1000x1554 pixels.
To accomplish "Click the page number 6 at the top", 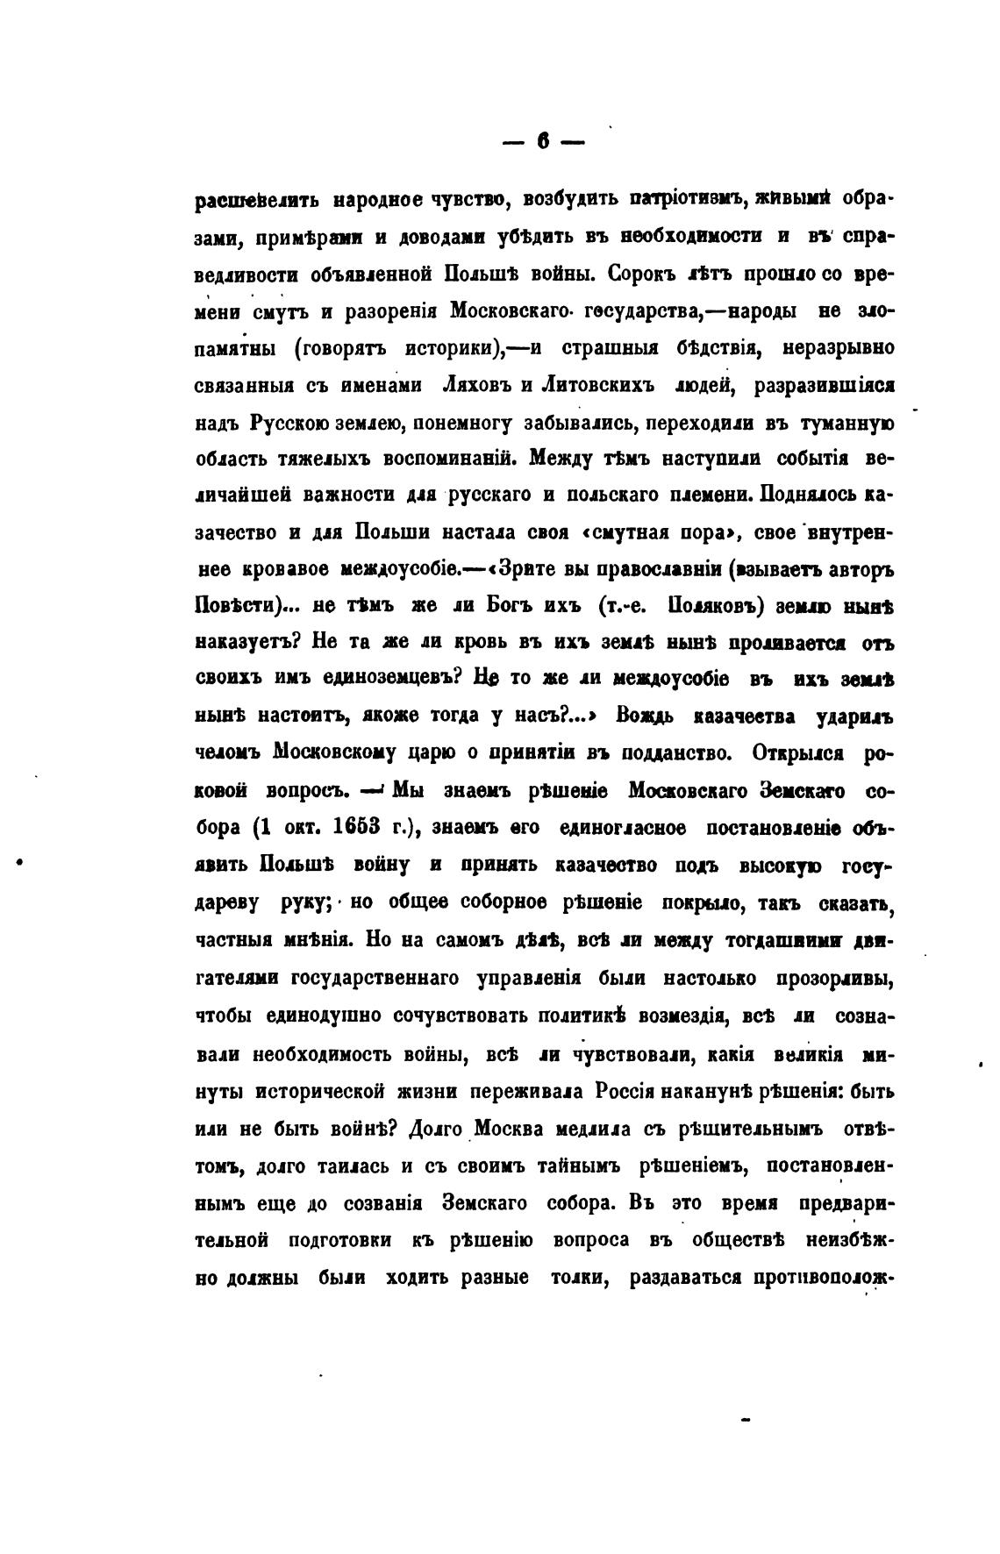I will coord(544,141).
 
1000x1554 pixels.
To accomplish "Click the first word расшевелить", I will coord(257,200).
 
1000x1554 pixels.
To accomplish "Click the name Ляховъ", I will coord(475,385).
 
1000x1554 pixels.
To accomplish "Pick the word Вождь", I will coord(645,717).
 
